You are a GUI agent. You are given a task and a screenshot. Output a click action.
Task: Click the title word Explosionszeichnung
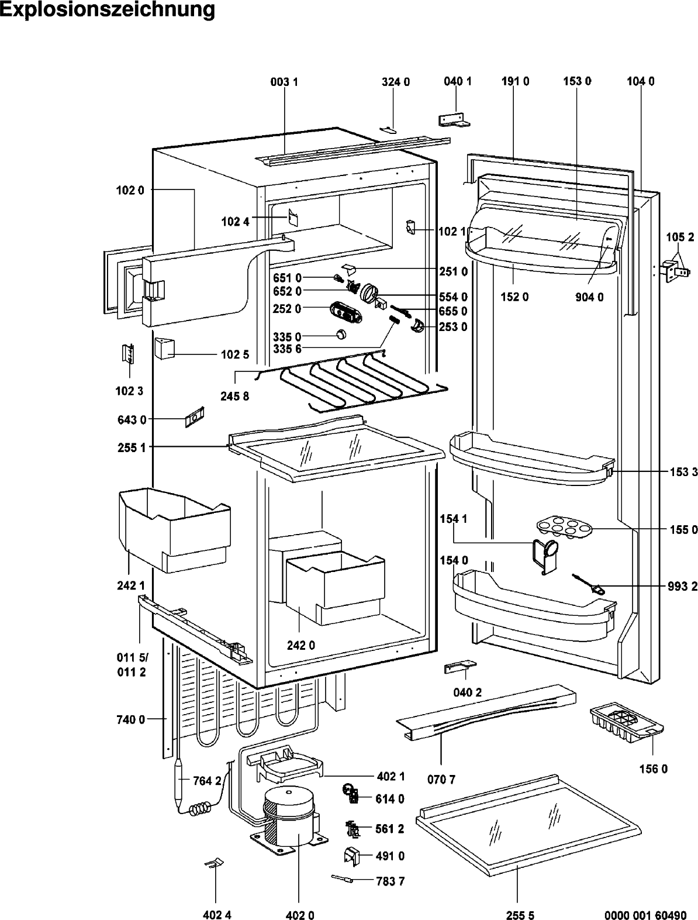click(107, 10)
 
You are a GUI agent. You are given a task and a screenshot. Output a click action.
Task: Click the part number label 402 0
click(299, 912)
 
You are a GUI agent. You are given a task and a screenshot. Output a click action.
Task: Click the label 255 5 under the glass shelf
click(520, 912)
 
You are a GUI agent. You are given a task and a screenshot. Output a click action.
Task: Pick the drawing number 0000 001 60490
click(645, 912)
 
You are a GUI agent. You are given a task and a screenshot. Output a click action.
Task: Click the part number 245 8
click(234, 396)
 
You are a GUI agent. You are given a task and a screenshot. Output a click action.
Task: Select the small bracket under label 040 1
click(454, 120)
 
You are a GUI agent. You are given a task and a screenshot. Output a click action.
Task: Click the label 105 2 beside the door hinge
click(680, 237)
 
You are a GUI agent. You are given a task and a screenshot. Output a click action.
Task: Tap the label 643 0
click(132, 419)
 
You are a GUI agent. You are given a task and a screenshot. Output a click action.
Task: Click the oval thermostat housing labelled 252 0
click(345, 312)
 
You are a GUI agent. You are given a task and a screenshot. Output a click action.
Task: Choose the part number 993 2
click(683, 587)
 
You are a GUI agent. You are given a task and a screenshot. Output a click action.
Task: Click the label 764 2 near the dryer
click(207, 781)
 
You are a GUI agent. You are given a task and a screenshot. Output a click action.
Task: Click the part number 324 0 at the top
click(396, 82)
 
